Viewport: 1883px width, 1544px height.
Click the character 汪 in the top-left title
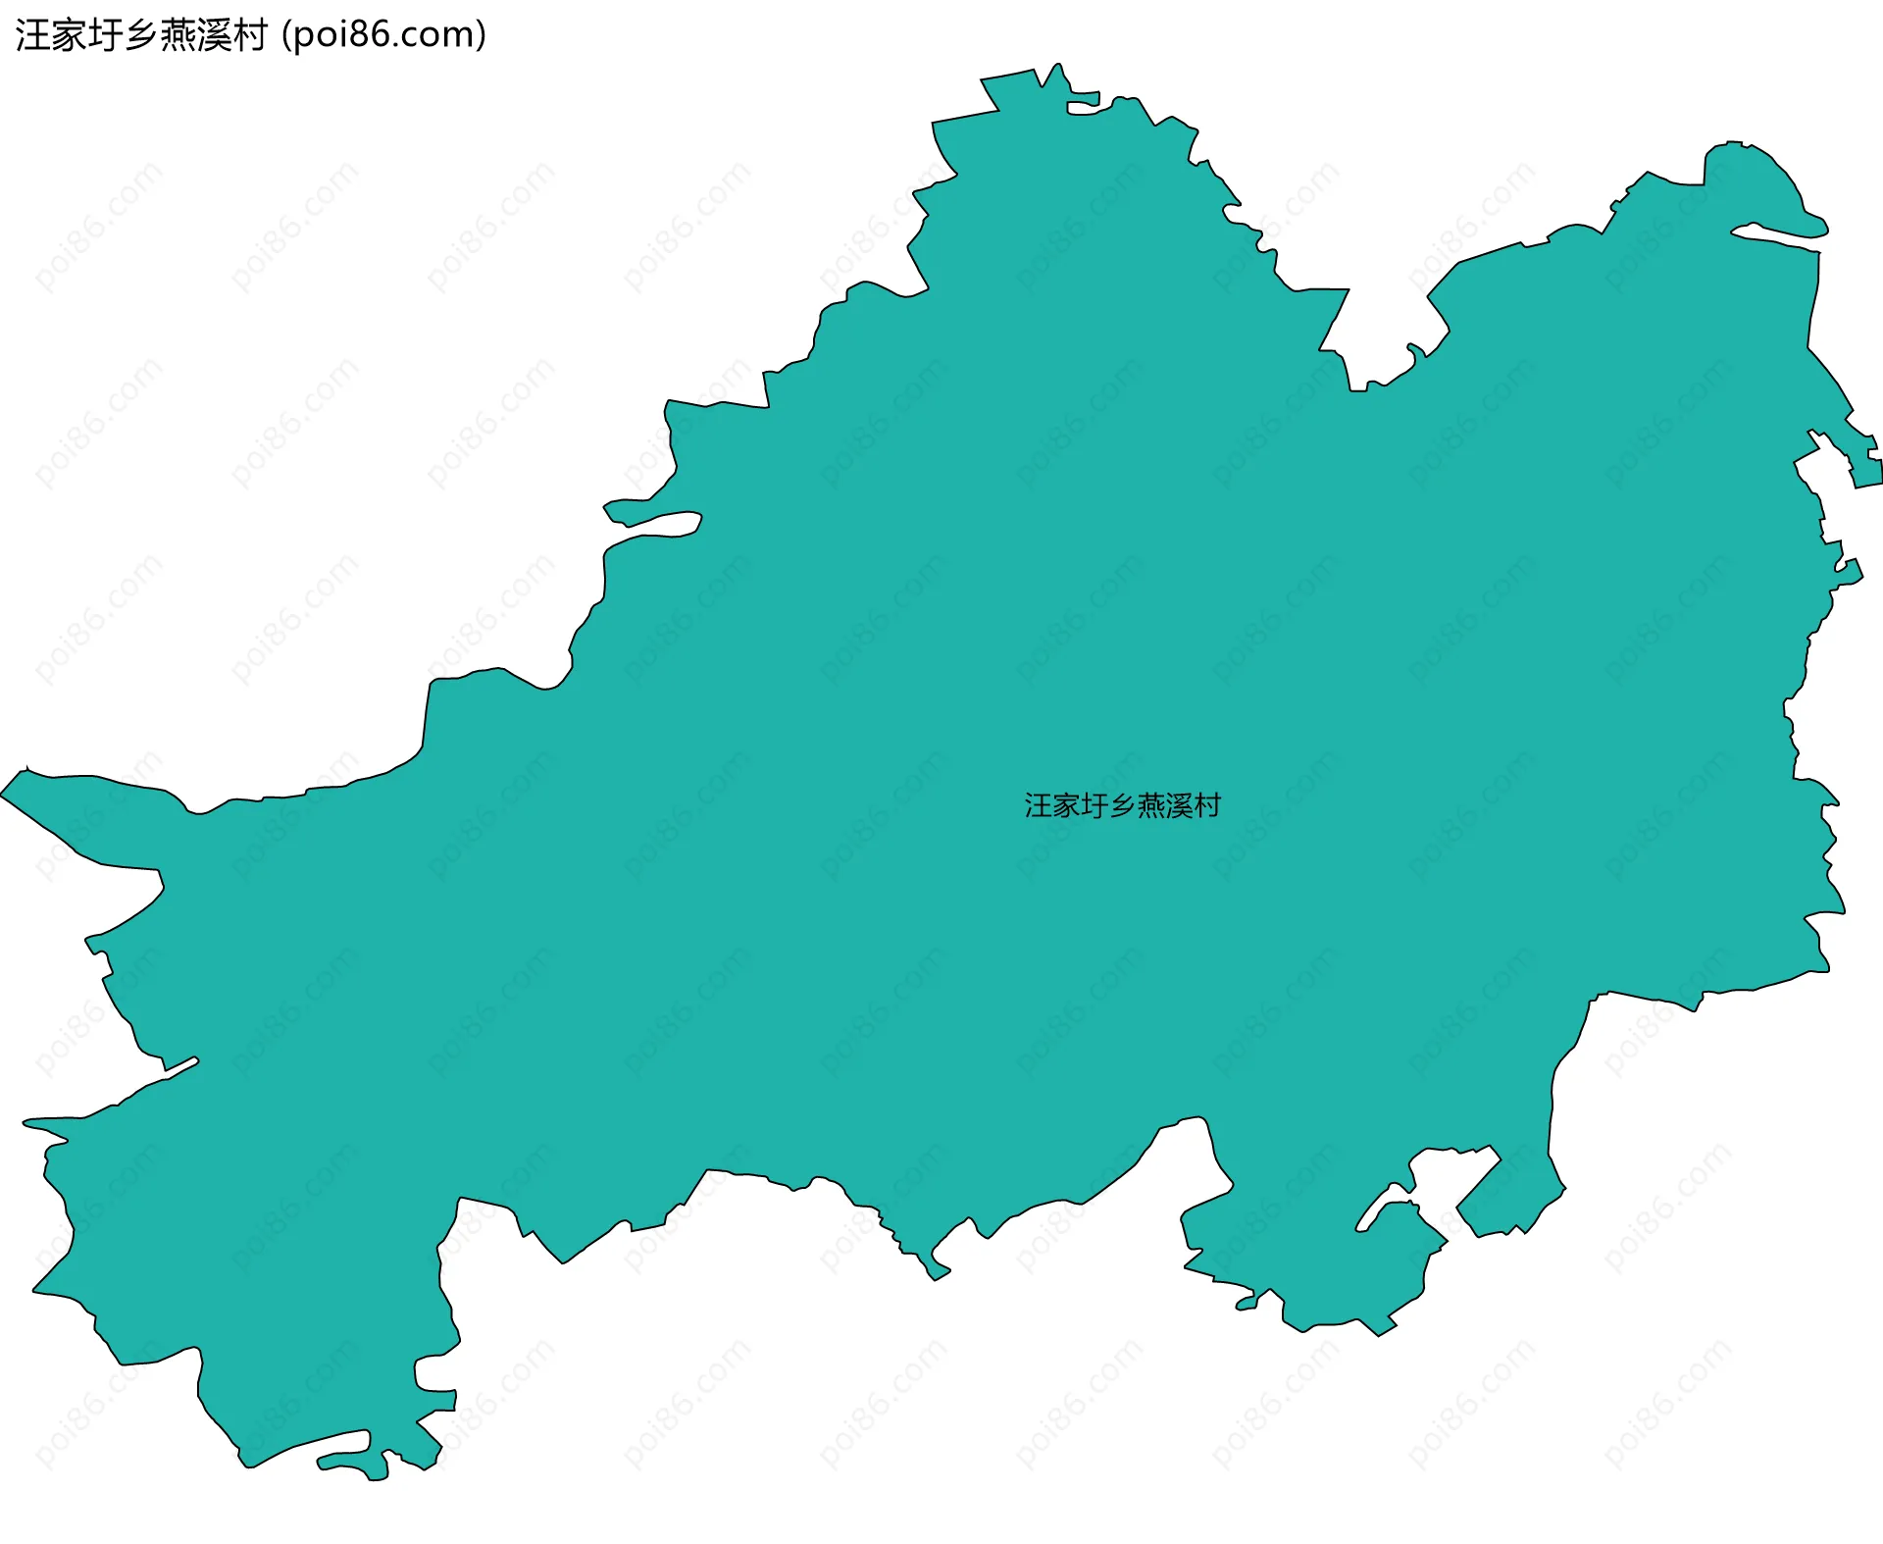(33, 35)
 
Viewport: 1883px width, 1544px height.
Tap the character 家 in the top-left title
(70, 35)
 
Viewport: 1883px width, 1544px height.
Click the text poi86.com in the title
(382, 35)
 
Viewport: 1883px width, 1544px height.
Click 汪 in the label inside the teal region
(1039, 806)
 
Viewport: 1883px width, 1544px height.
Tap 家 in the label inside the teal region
(1066, 806)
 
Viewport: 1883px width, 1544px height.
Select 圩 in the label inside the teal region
(1094, 806)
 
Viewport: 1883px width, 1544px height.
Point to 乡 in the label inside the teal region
(1122, 806)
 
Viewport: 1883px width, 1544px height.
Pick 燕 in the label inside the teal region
(1150, 806)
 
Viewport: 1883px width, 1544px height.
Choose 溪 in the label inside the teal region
(1178, 806)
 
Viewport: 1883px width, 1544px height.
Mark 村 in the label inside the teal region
(1206, 806)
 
